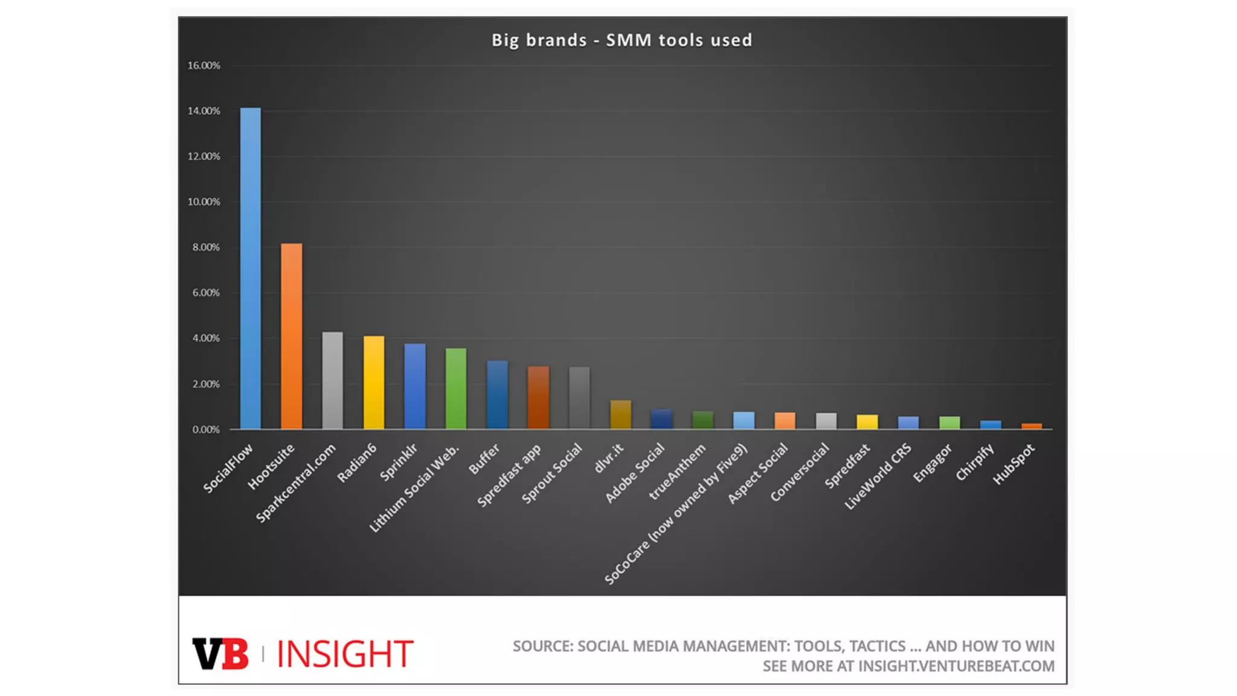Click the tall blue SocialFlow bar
click(x=250, y=269)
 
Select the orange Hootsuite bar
click(x=291, y=337)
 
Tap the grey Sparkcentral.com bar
click(x=332, y=381)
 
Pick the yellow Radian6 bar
click(x=373, y=383)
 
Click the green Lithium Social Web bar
click(x=456, y=389)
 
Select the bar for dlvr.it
click(x=620, y=415)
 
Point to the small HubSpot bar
click(x=1031, y=426)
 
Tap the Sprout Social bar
click(x=579, y=398)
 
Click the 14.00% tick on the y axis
click(x=204, y=111)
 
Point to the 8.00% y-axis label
click(x=206, y=248)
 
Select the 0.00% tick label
click(x=206, y=430)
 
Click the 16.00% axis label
click(x=204, y=66)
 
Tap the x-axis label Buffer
click(x=484, y=459)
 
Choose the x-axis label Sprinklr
click(x=399, y=462)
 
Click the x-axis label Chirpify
click(x=974, y=463)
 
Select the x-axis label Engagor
click(x=932, y=463)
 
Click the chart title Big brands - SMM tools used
click(x=622, y=40)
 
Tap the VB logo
click(x=220, y=654)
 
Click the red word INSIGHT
click(x=344, y=654)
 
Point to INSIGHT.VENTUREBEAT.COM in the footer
click(x=956, y=666)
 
